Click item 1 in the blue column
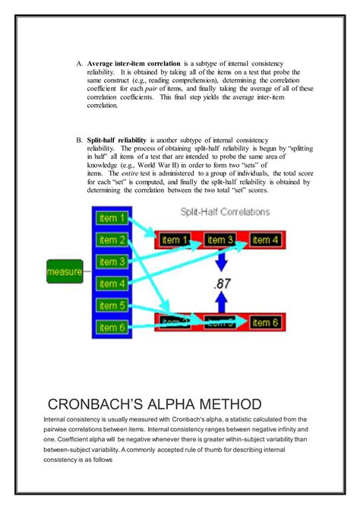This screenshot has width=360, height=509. [x=112, y=218]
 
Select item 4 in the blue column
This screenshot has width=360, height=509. [x=112, y=284]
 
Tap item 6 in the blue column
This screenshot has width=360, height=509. [x=112, y=328]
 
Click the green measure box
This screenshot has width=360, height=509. [x=65, y=270]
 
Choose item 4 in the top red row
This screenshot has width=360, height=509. [x=265, y=241]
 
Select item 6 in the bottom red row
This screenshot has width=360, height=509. [x=265, y=322]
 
